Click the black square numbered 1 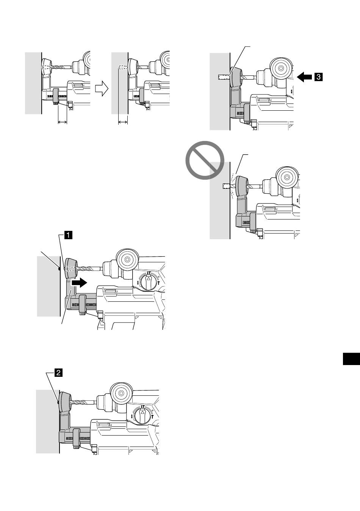click(x=68, y=235)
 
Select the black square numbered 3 click(x=319, y=77)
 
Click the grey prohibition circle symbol click(x=205, y=160)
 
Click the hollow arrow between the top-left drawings click(x=102, y=89)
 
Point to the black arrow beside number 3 click(x=304, y=77)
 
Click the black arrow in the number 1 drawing click(x=79, y=283)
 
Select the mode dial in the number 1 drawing click(x=149, y=281)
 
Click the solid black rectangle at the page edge click(x=351, y=359)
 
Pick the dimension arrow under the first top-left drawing click(x=63, y=122)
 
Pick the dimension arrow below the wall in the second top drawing click(x=123, y=122)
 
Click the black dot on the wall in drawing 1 click(x=59, y=269)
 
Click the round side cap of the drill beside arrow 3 click(x=281, y=68)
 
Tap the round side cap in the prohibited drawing click(x=287, y=177)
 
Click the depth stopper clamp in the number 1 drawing click(x=82, y=305)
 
